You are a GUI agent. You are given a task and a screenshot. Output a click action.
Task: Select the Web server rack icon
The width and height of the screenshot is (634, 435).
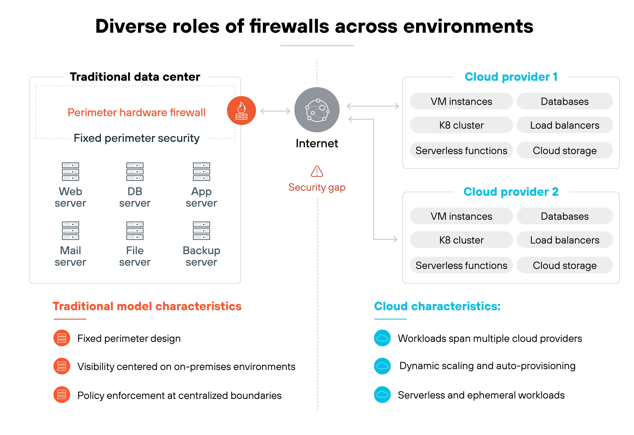70,172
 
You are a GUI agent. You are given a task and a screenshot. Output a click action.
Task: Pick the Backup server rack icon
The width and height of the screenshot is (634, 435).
201,230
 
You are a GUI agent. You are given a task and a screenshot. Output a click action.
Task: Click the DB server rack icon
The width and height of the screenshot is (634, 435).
135,172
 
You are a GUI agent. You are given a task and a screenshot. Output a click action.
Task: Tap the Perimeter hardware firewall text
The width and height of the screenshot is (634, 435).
136,112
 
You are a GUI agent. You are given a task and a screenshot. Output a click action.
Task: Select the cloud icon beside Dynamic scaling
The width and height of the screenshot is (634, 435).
382,366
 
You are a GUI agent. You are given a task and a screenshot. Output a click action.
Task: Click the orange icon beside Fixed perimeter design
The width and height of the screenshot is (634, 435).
62,338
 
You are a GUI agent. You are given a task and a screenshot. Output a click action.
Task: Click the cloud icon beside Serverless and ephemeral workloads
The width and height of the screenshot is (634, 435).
382,395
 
